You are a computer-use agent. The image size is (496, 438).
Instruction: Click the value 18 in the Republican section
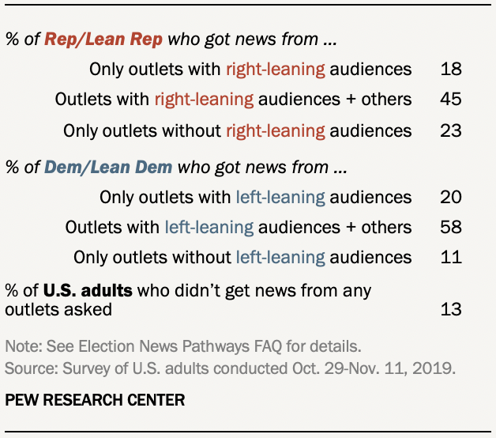pos(451,69)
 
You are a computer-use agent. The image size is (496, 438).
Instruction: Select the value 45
pos(451,99)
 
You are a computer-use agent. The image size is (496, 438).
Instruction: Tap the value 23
pos(451,130)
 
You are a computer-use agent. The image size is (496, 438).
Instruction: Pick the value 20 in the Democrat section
pos(451,197)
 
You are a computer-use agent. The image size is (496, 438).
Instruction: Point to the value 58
pos(451,228)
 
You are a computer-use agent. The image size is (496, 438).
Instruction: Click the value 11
pos(451,258)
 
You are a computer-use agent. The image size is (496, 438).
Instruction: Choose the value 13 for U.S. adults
pos(451,308)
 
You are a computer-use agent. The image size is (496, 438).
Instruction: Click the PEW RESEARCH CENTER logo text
pos(95,400)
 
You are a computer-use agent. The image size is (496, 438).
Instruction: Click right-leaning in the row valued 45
pos(204,99)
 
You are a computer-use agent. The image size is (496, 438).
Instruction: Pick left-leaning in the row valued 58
pos(209,228)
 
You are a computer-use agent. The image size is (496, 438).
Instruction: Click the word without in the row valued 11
pos(204,258)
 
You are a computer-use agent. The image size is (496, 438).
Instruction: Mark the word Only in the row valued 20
pos(115,197)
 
